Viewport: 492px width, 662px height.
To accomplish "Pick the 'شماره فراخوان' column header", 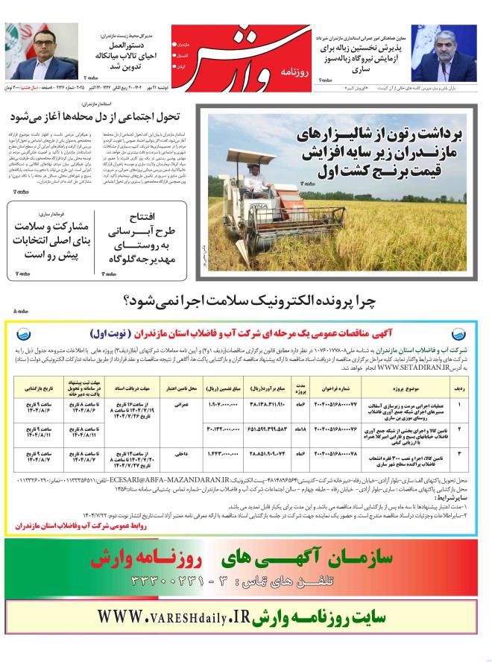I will [338, 388].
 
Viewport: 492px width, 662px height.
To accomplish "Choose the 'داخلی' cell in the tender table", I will [182, 453].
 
